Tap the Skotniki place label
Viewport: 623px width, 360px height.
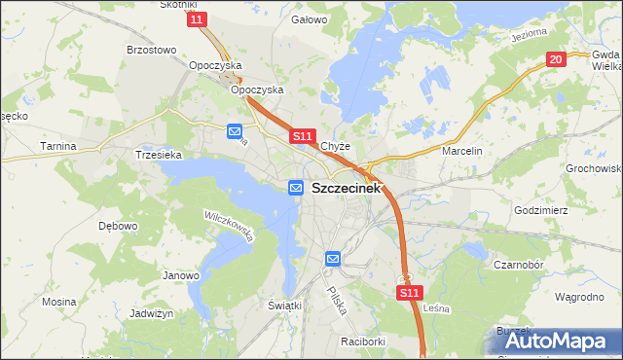[x=178, y=5]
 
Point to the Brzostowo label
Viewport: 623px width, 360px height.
[x=151, y=50]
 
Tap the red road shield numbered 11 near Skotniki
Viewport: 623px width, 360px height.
[x=198, y=19]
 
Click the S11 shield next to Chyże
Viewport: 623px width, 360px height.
[x=302, y=137]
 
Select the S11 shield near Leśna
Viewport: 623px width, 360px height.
[x=410, y=292]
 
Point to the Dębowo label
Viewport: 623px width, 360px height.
[x=118, y=226]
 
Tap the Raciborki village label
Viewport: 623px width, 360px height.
[x=366, y=342]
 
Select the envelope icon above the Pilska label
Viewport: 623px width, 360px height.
[x=333, y=259]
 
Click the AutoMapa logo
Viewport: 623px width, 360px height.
[x=559, y=340]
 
